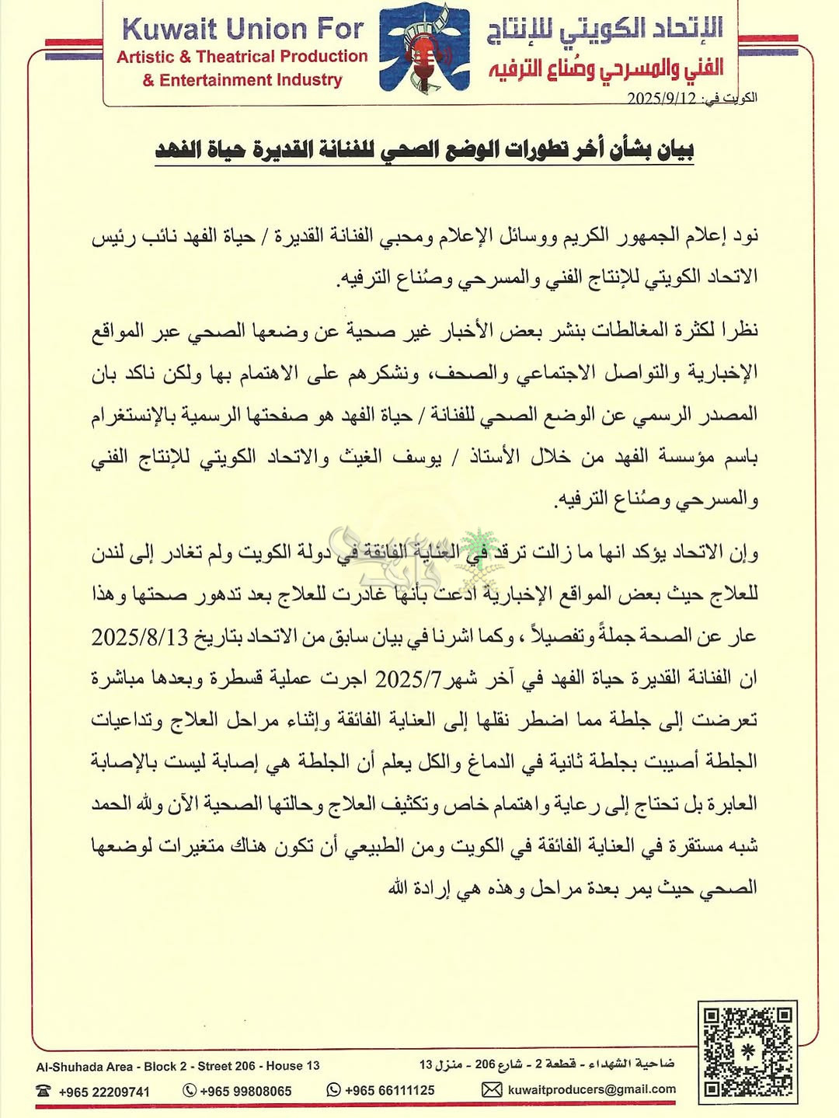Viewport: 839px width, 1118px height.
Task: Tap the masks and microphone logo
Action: [x=424, y=48]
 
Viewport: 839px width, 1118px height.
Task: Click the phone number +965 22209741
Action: [x=104, y=1092]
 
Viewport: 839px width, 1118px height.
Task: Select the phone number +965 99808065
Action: [x=245, y=1091]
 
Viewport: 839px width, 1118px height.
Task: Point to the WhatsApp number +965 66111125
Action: [x=389, y=1090]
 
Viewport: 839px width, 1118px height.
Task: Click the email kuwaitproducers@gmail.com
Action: [x=591, y=1089]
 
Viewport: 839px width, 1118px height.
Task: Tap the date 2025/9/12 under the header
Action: [x=661, y=99]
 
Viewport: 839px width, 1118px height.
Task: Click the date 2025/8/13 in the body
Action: [x=140, y=637]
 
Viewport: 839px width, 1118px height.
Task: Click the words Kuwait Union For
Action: [x=242, y=30]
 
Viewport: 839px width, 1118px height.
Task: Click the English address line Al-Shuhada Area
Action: [x=178, y=1066]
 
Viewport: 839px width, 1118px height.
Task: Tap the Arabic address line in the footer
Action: [x=547, y=1064]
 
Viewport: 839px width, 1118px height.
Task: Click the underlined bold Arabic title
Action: [x=424, y=149]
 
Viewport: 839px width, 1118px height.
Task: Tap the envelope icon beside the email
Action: [x=491, y=1090]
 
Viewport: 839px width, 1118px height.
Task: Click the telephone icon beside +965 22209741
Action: [x=44, y=1091]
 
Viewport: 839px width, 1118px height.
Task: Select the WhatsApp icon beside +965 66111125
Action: [x=334, y=1090]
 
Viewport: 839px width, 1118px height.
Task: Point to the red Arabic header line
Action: [x=606, y=69]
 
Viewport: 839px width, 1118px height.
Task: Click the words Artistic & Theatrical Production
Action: [x=242, y=57]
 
